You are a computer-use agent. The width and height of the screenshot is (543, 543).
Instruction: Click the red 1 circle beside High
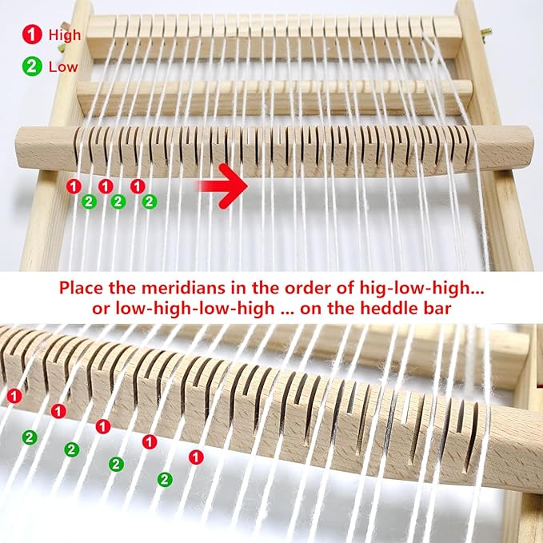(32, 34)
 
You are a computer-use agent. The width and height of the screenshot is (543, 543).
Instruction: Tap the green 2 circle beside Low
(32, 66)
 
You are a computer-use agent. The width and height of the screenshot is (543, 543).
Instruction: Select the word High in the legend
(64, 34)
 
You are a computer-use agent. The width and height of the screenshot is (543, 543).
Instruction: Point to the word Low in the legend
(62, 66)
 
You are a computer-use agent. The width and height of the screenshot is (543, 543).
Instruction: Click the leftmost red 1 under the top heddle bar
(74, 186)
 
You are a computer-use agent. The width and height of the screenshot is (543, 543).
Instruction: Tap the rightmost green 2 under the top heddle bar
(149, 202)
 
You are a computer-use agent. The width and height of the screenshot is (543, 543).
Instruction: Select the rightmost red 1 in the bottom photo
(196, 457)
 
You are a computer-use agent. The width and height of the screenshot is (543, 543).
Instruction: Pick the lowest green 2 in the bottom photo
(165, 479)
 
